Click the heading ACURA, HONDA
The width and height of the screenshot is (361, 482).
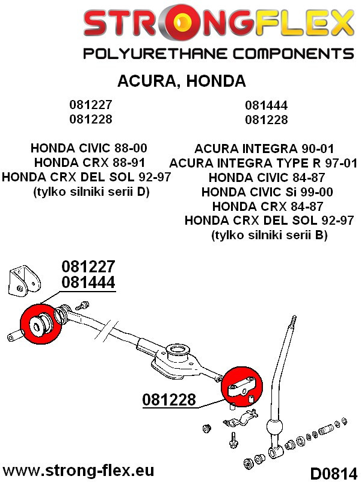click(x=182, y=81)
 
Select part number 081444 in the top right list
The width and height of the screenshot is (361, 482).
click(x=267, y=105)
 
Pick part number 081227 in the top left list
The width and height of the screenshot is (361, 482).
click(x=91, y=104)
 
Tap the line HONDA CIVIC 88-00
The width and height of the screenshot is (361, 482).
click(x=88, y=148)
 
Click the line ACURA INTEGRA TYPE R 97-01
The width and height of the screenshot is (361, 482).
click(x=264, y=163)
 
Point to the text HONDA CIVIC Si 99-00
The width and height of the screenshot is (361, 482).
click(x=267, y=192)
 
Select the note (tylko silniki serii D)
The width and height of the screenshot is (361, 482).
click(x=91, y=192)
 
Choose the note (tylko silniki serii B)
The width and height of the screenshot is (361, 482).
click(x=269, y=235)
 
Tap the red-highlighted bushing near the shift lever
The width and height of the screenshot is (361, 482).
click(x=242, y=387)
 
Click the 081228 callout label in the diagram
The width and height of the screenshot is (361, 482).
click(x=169, y=400)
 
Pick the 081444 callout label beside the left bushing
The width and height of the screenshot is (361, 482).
click(x=88, y=282)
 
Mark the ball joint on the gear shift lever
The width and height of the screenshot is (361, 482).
click(x=274, y=427)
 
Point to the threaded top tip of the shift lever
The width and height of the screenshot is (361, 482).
click(x=293, y=322)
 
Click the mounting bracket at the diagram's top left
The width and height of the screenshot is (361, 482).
click(x=25, y=282)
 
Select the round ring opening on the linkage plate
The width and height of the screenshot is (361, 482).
click(x=177, y=351)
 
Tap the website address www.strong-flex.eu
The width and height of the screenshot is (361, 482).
click(x=78, y=471)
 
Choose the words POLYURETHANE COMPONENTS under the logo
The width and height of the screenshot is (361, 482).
click(x=218, y=54)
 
